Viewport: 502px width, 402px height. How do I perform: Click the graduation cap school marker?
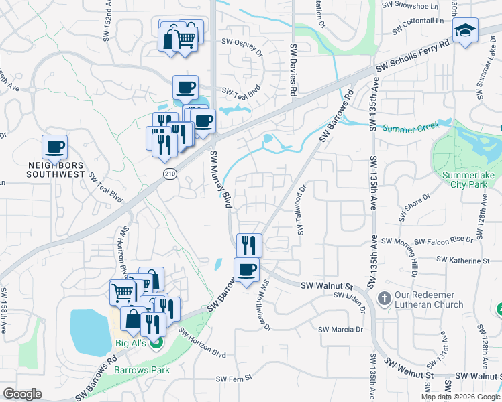pyautogui.click(x=464, y=31)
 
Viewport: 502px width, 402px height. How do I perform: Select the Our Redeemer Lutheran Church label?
pyautogui.click(x=430, y=299)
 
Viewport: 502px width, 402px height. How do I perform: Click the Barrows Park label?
pyautogui.click(x=142, y=369)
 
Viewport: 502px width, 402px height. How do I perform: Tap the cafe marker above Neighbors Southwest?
pyautogui.click(x=55, y=147)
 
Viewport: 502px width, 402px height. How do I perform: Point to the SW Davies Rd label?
pyautogui.click(x=293, y=70)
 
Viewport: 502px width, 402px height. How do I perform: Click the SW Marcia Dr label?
pyautogui.click(x=340, y=329)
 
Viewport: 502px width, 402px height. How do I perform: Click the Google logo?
pyautogui.click(x=22, y=395)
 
